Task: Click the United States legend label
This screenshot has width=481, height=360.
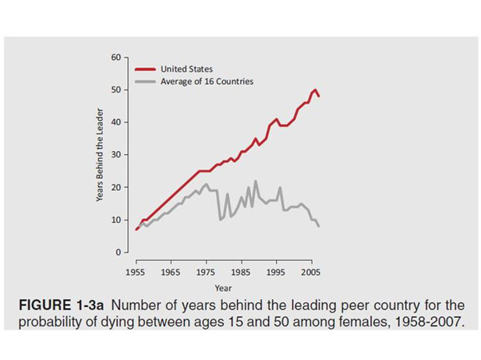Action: [x=186, y=69]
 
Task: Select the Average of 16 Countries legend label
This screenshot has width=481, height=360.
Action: [x=207, y=81]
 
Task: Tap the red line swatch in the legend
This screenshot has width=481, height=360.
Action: [x=145, y=69]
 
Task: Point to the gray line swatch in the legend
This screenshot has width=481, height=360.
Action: [x=145, y=81]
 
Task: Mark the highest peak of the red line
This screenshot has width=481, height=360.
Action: [x=316, y=90]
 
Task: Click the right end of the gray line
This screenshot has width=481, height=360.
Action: [x=319, y=226]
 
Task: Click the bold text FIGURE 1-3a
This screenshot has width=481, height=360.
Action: [x=65, y=305]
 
